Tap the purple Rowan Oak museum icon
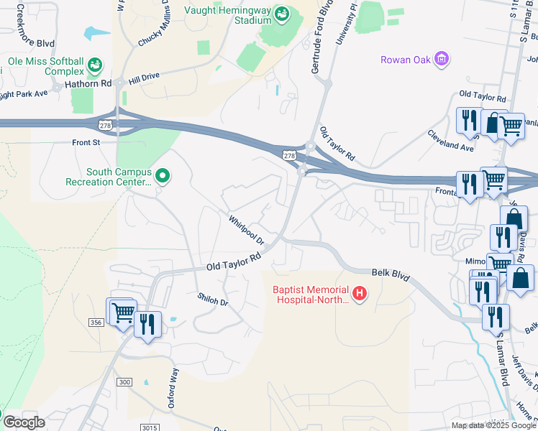[442, 58]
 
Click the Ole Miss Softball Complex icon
[94, 66]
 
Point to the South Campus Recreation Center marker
[163, 175]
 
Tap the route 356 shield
[96, 323]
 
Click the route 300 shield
[125, 381]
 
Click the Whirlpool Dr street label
[247, 230]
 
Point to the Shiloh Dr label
[212, 300]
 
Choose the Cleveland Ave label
[450, 140]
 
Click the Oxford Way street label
[173, 388]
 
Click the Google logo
[24, 422]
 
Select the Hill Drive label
[144, 76]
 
